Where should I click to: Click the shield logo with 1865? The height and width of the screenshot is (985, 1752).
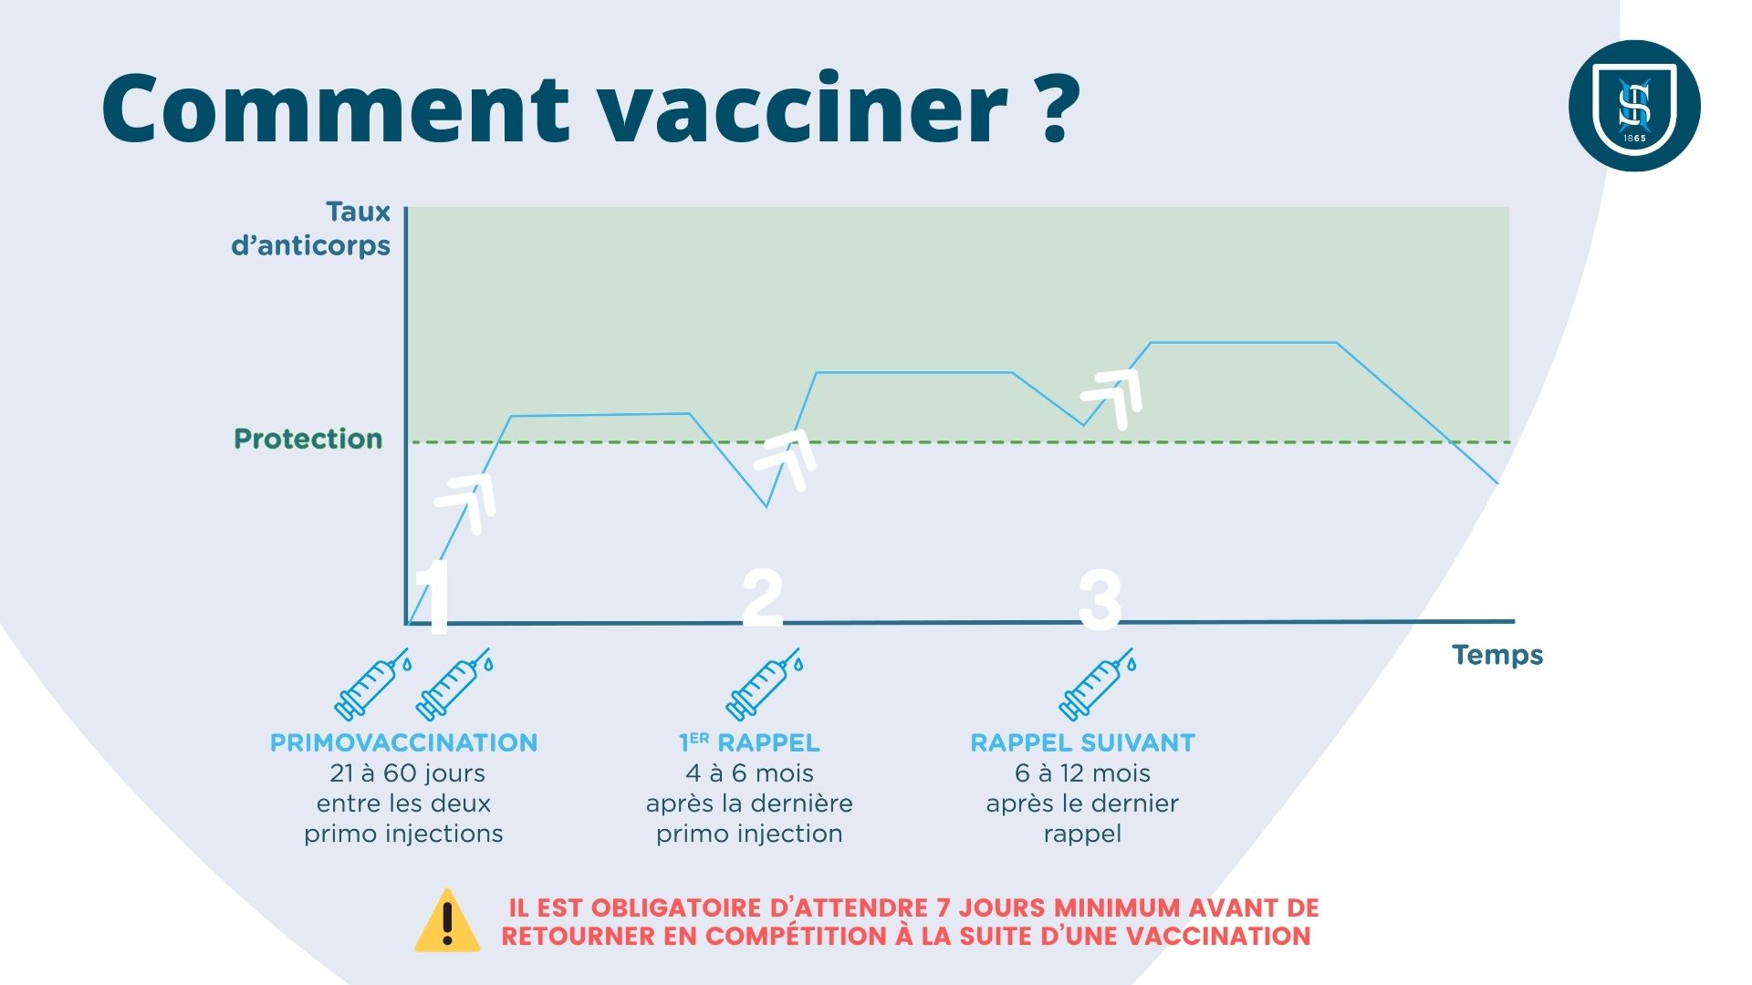[1634, 106]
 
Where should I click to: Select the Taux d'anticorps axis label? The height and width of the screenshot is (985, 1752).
[311, 229]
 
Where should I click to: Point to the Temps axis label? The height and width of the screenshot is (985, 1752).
[1497, 655]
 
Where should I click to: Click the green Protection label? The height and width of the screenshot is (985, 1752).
[308, 439]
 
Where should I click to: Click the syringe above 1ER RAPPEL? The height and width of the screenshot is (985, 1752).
[764, 685]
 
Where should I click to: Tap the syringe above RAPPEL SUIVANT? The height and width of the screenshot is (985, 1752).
[1098, 685]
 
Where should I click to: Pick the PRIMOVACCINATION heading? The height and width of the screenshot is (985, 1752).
[403, 743]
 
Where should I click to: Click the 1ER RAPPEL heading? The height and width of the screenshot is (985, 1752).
[749, 743]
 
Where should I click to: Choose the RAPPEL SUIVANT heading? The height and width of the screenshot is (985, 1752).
[1082, 743]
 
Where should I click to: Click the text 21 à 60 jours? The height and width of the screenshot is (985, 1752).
[407, 773]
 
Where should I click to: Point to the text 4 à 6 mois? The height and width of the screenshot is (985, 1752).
[749, 773]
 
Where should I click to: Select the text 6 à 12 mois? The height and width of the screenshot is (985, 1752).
[1082, 773]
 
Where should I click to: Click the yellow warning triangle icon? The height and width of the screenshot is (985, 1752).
[447, 921]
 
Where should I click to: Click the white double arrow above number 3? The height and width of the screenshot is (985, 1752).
[1112, 398]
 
